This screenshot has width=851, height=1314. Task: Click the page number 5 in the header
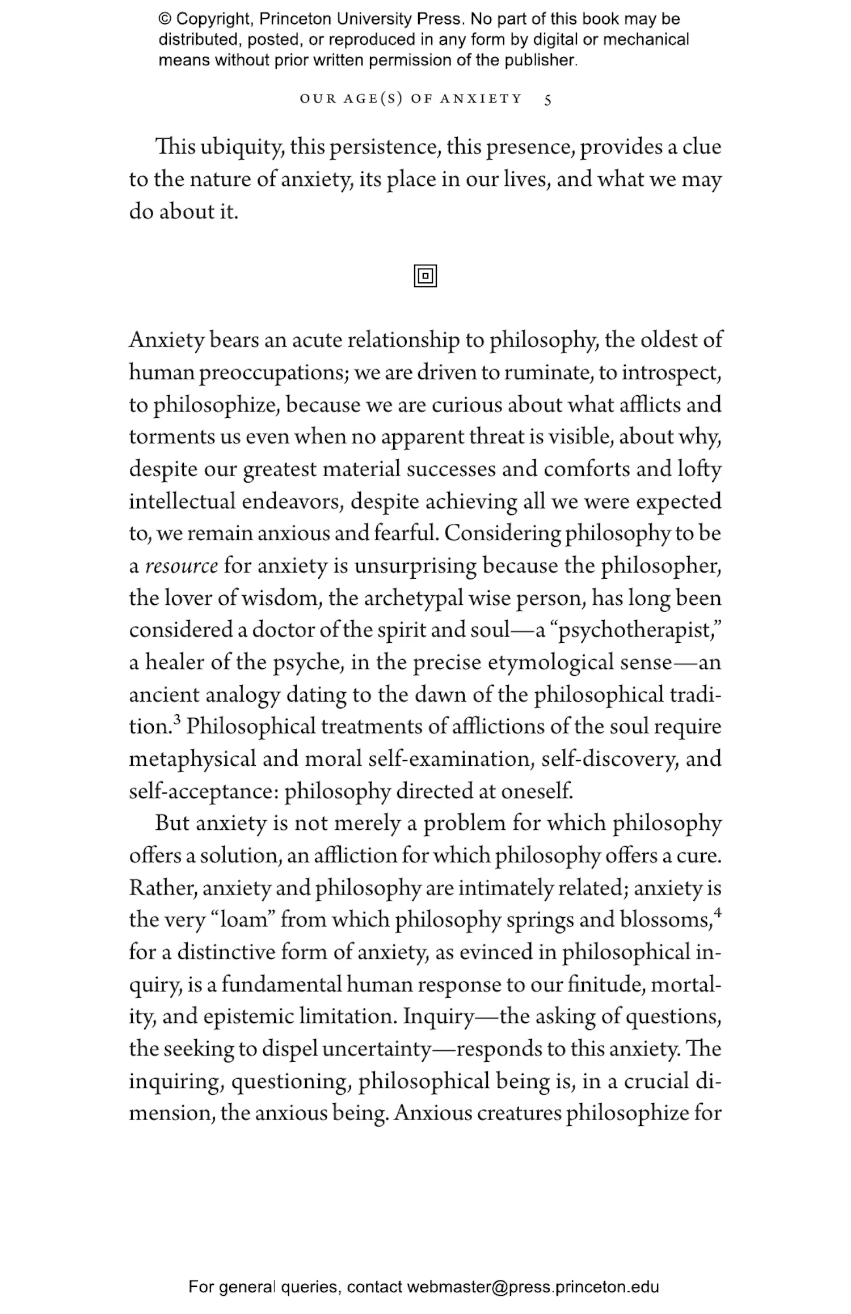[x=547, y=100]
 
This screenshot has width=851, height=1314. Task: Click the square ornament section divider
[x=425, y=276]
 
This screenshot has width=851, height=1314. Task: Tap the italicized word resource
[x=182, y=566]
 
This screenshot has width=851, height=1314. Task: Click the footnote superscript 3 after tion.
[x=177, y=720]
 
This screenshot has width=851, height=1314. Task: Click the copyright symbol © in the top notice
[x=165, y=19]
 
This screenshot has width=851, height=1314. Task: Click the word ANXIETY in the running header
[x=481, y=99]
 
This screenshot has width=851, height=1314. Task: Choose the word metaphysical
[x=192, y=760]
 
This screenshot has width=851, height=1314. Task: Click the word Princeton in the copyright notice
[x=295, y=19]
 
